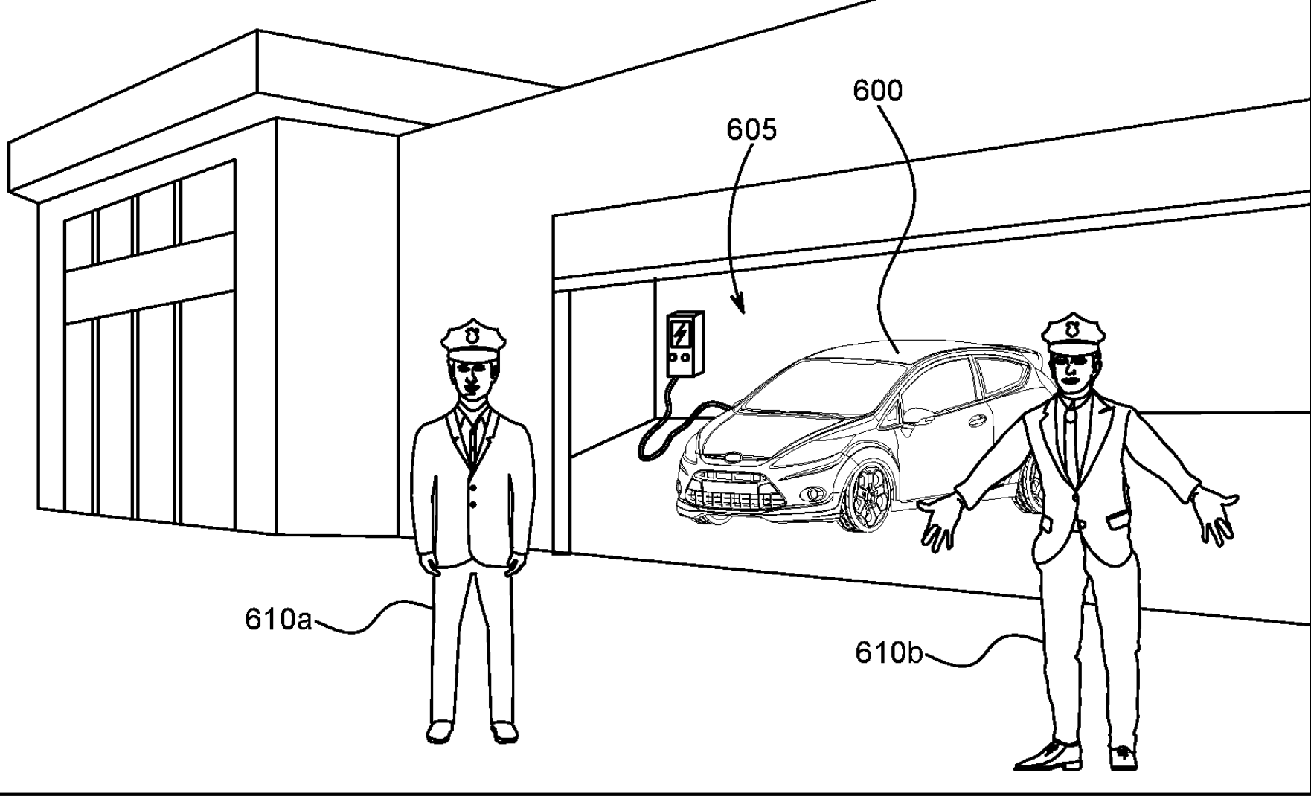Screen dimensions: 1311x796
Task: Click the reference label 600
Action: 877,91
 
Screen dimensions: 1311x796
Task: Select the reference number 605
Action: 751,129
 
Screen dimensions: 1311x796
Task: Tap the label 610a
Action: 278,619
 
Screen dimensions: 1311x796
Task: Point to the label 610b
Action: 888,652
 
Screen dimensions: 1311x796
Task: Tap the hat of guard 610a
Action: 473,338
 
